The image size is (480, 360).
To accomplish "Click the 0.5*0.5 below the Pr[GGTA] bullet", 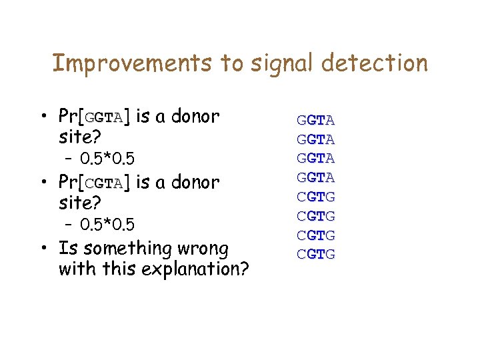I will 107,159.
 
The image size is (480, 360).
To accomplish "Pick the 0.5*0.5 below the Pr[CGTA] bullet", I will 107,223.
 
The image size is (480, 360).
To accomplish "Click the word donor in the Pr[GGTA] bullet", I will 195,117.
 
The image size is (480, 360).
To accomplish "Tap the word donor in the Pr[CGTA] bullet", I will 195,183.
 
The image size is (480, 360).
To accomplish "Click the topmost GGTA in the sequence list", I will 316,121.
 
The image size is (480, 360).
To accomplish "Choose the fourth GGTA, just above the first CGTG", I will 316,178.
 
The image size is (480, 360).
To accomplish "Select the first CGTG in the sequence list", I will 316,197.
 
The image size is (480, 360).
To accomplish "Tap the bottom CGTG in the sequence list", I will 316,255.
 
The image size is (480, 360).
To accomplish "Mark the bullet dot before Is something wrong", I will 43,249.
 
